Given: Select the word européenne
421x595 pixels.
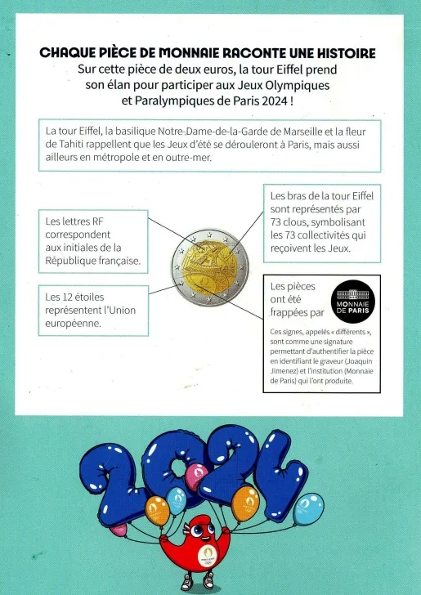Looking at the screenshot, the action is click(x=74, y=323).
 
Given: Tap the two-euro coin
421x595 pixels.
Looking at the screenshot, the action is click(x=210, y=267).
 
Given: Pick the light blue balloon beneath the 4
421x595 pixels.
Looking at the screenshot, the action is click(x=308, y=509).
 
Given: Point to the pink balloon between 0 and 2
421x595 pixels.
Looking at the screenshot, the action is click(x=196, y=474).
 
